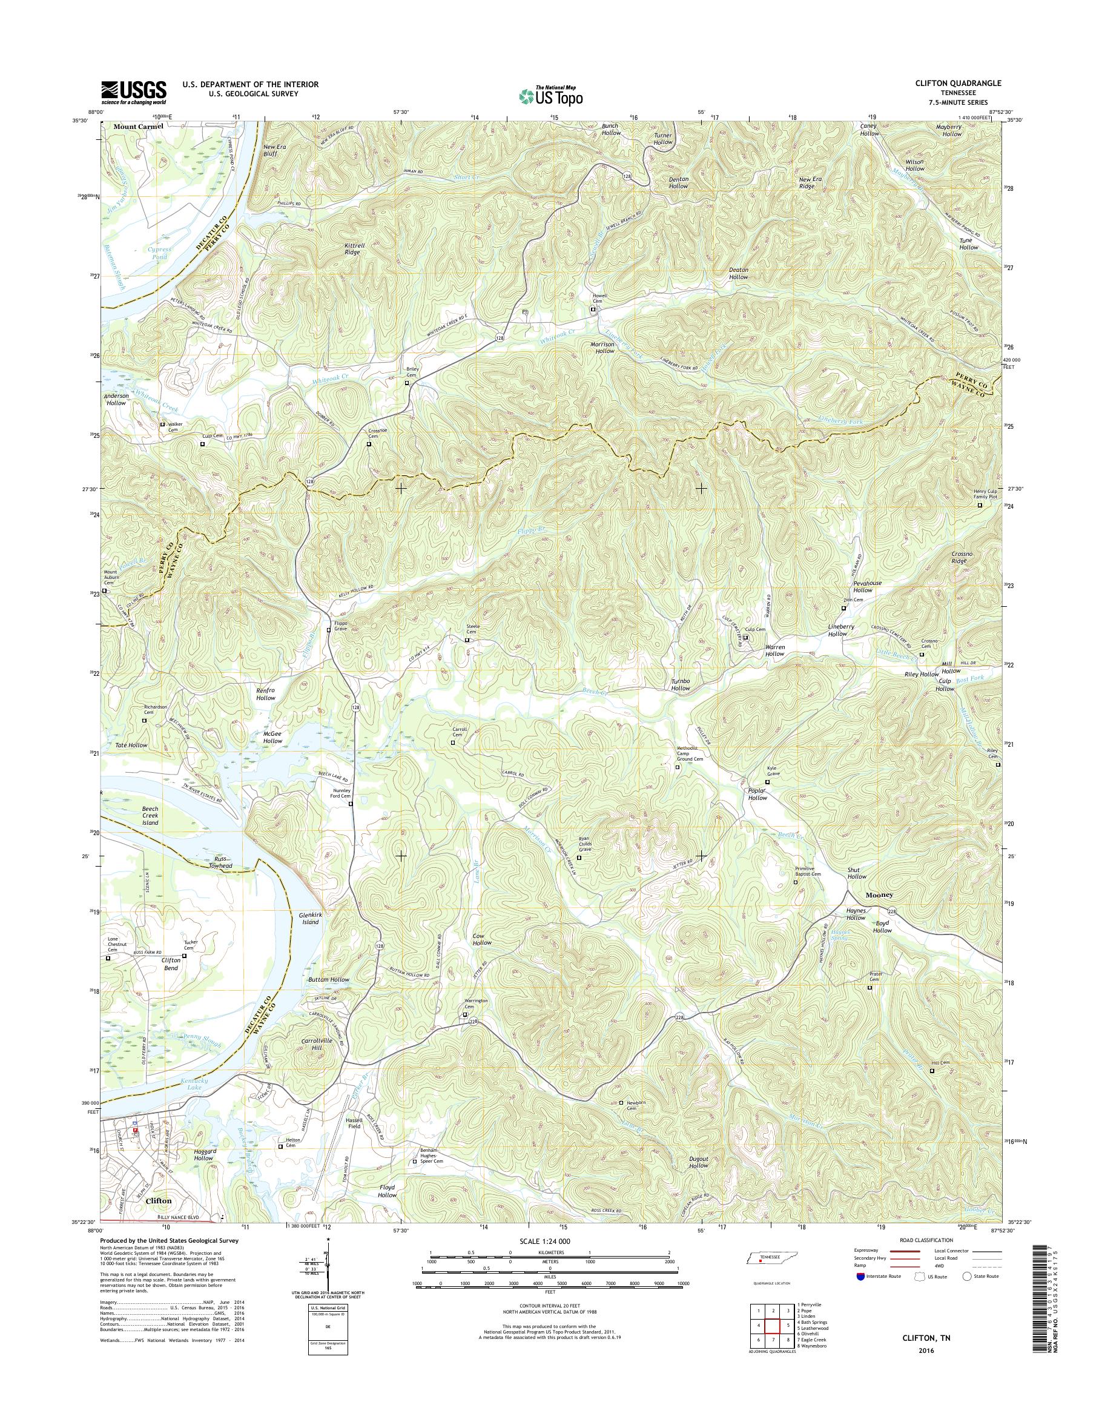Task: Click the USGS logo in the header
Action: (x=134, y=92)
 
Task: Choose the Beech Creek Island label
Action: (x=150, y=816)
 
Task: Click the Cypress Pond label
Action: (x=159, y=253)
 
